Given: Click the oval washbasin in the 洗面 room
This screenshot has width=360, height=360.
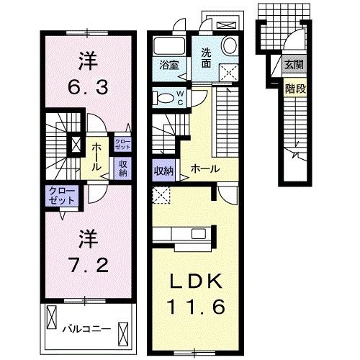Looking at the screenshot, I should click(230, 46).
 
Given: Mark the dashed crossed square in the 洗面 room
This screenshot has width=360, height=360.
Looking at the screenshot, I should click(229, 70).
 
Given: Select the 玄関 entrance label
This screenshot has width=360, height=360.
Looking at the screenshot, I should click(292, 65).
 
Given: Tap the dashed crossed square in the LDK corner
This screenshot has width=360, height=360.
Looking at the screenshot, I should click(162, 194).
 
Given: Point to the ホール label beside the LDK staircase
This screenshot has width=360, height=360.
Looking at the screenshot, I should click(204, 169).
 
